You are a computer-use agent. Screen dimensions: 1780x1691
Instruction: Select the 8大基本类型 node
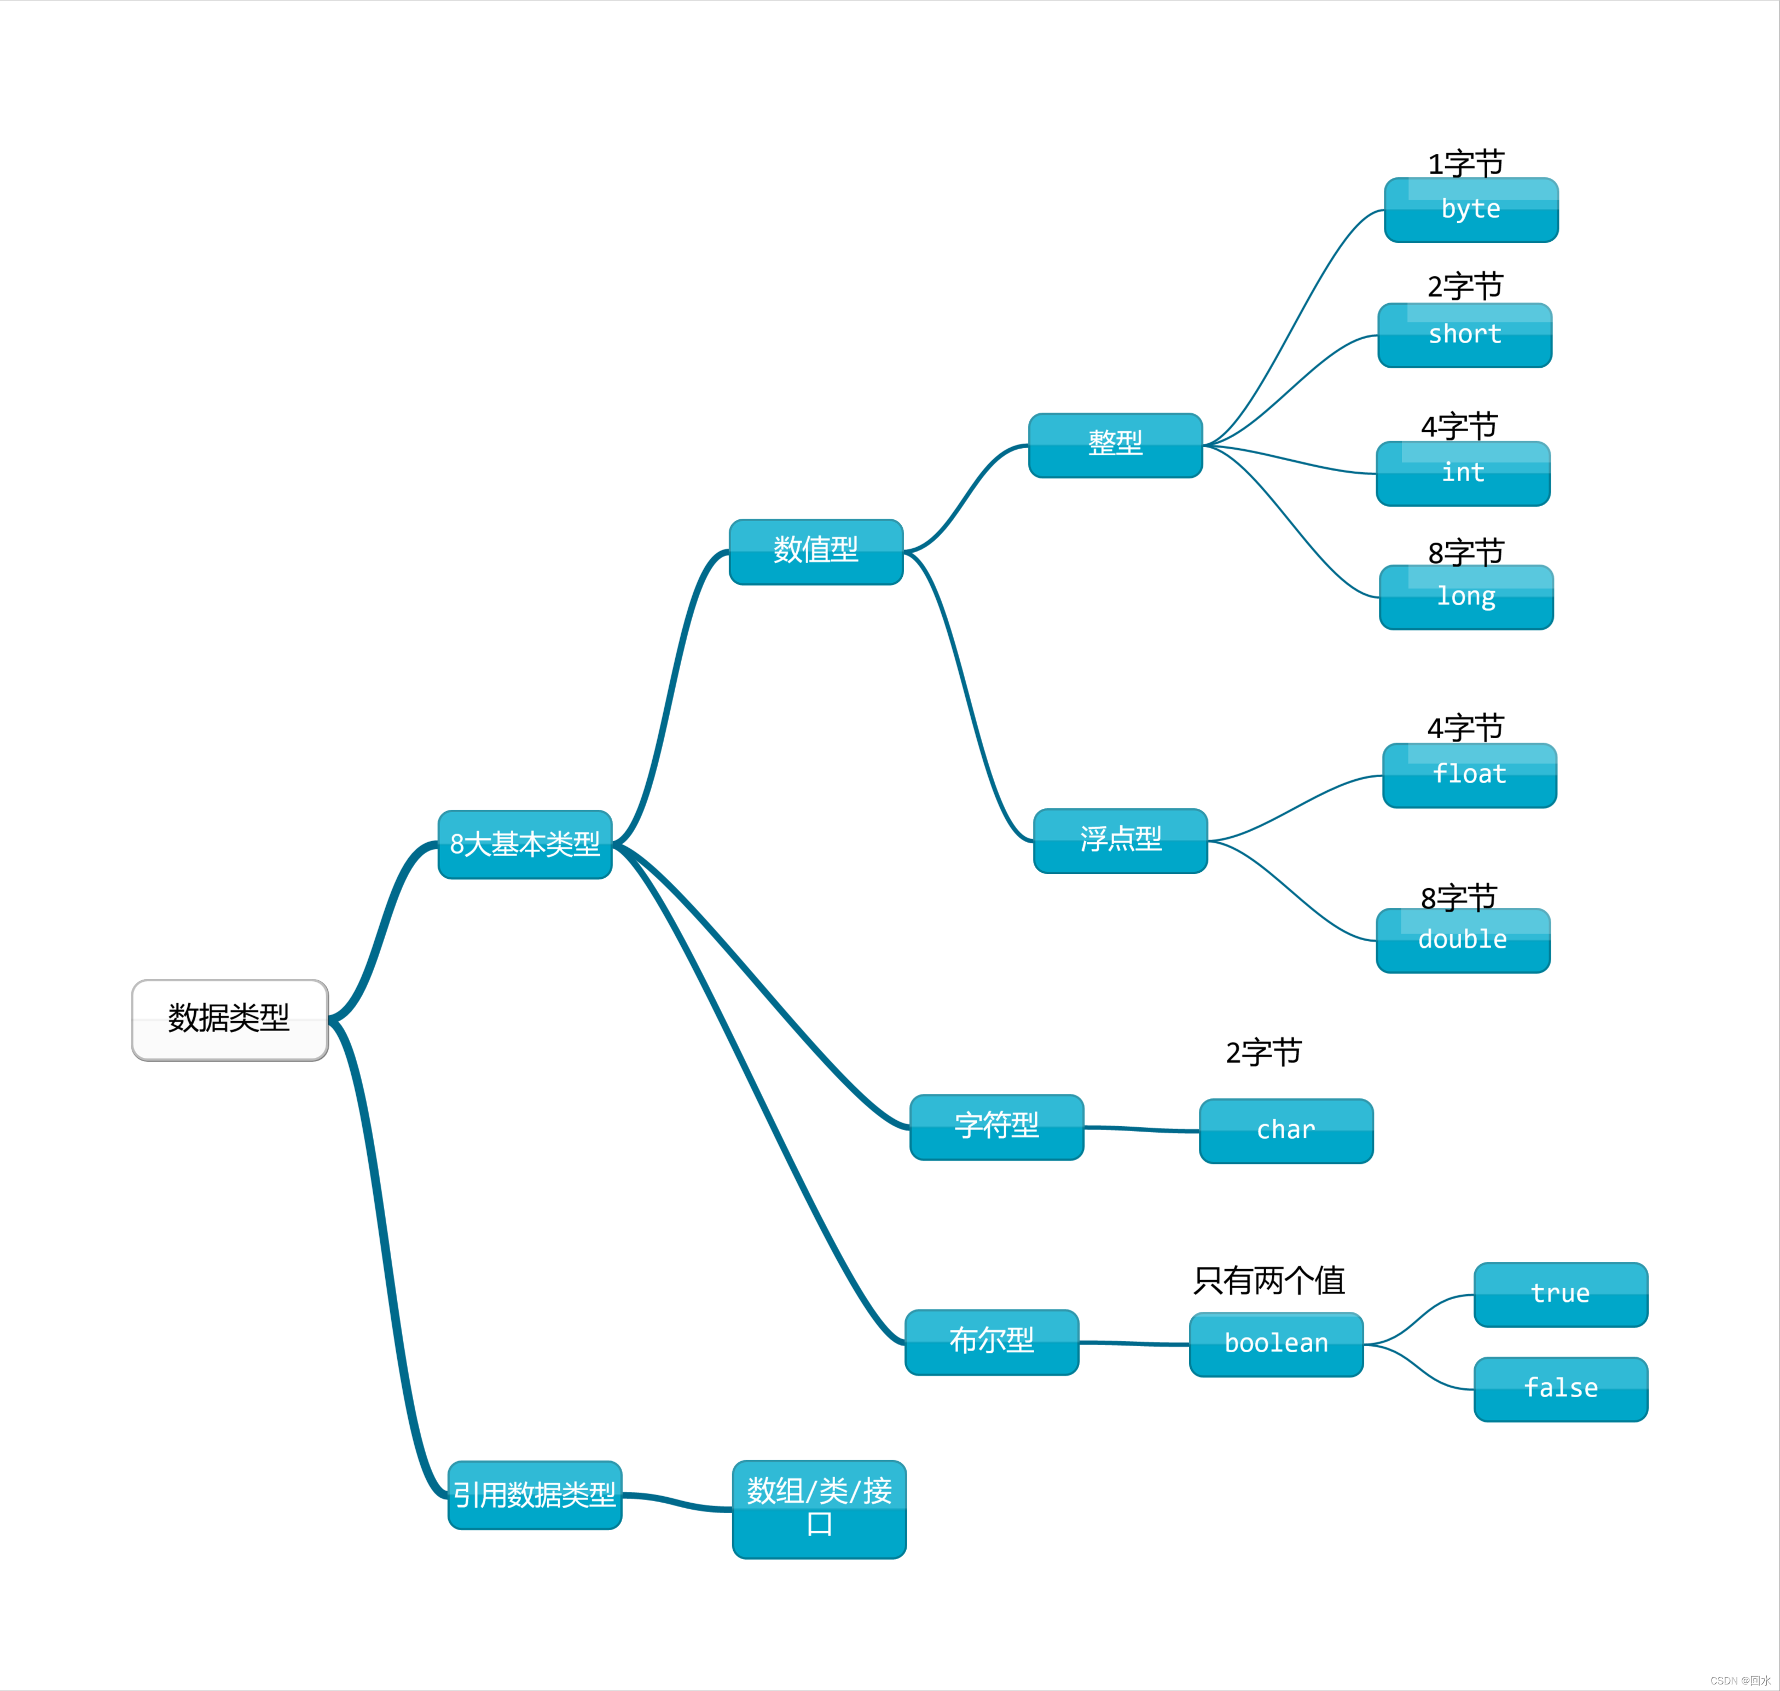coord(525,844)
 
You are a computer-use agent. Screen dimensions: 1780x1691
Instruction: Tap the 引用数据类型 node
coord(535,1495)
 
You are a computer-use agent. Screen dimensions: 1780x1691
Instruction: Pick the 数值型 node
coord(816,551)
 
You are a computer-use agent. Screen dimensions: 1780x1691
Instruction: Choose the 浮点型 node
coord(1120,840)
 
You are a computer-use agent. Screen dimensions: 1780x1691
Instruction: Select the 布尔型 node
coord(992,1341)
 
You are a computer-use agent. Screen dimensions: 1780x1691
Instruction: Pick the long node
coord(1466,597)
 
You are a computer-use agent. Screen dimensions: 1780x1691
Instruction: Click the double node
coord(1463,940)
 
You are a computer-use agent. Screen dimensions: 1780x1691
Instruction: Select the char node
coord(1286,1130)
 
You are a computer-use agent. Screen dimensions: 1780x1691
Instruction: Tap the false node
coord(1560,1389)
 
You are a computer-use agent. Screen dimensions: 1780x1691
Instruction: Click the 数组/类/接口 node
coord(819,1509)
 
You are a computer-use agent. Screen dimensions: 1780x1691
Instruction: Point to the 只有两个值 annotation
coord(1269,1280)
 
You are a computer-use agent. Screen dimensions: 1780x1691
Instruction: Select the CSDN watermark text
coord(1740,1680)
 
